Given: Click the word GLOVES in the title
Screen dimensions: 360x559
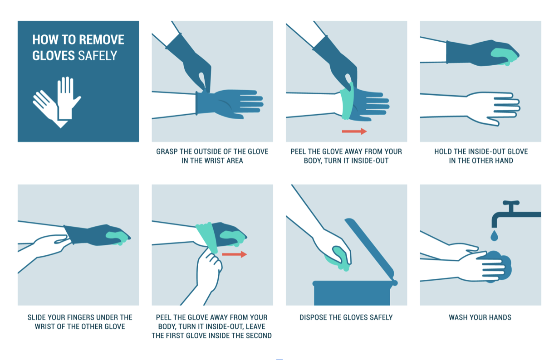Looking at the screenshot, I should [54, 55].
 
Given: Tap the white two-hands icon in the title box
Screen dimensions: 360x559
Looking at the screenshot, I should [57, 101].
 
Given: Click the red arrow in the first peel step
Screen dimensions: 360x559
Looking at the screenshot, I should [354, 131].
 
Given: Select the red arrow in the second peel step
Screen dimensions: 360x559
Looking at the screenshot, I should [235, 254].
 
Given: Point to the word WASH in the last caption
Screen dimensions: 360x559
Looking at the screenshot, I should [459, 317].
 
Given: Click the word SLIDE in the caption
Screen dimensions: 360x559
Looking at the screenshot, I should [38, 317].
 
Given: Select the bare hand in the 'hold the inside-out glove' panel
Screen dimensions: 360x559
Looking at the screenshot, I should [492, 108].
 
